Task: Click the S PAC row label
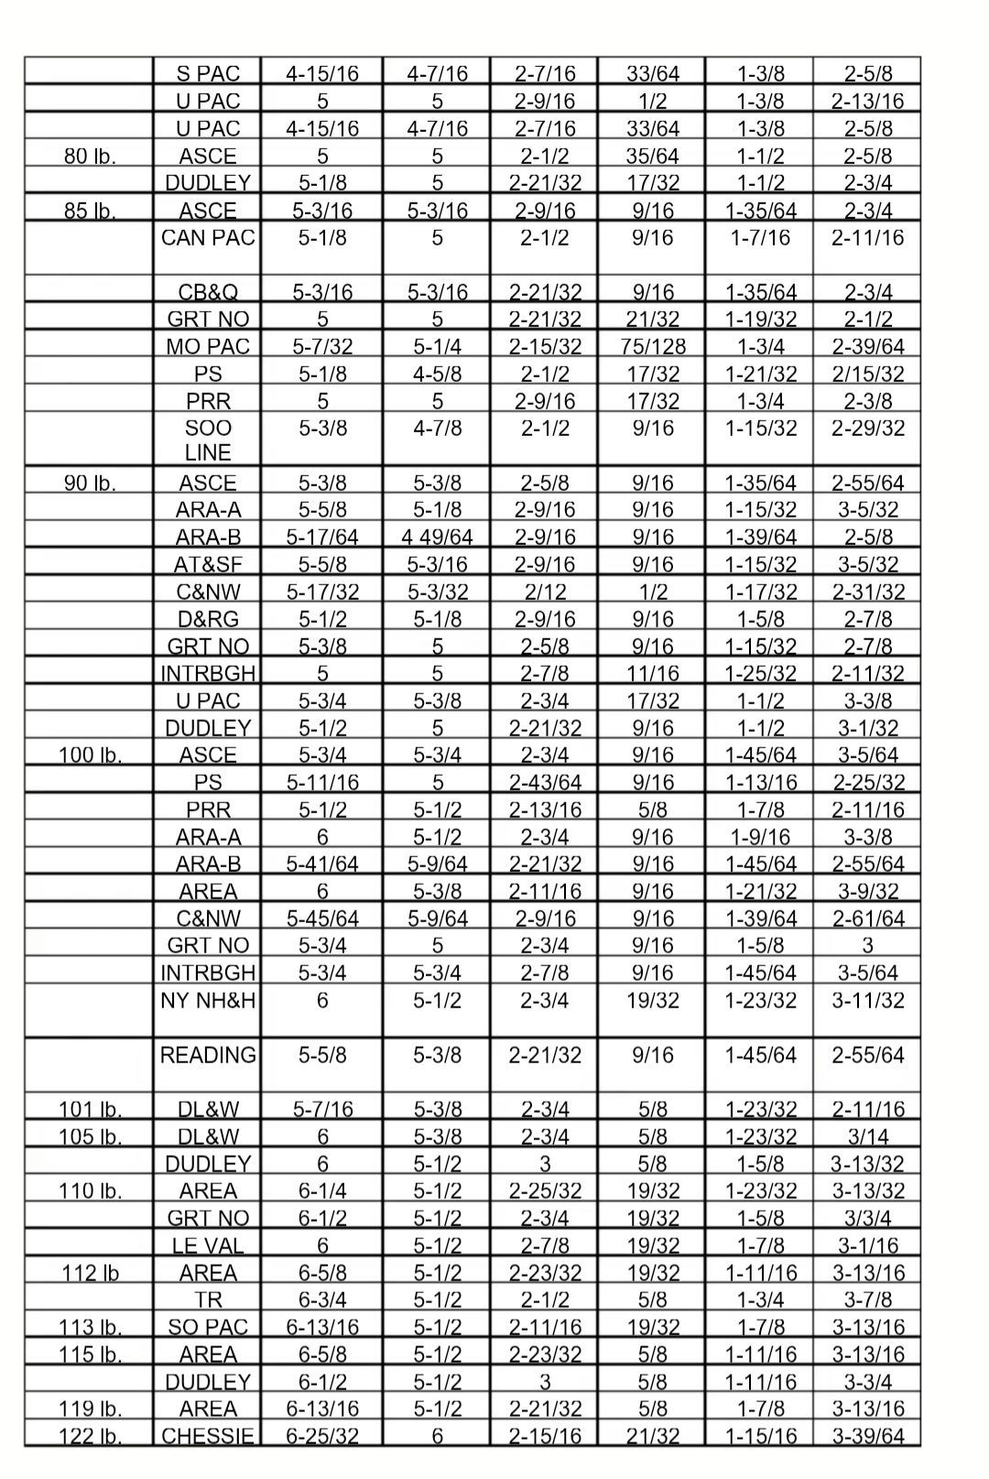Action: coord(207,73)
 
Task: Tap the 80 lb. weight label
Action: coord(90,156)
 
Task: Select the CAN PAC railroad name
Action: coord(207,238)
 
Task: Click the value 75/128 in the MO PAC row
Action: coord(652,346)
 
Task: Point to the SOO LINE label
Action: coord(208,440)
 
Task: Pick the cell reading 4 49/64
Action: coord(437,537)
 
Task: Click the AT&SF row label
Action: coord(208,564)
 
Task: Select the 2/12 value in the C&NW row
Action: coord(544,592)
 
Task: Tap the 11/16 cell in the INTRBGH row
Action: coord(652,673)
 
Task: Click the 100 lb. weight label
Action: coord(90,755)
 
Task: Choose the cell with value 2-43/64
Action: coord(544,782)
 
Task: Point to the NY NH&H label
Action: coord(208,1001)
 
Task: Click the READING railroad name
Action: coord(208,1055)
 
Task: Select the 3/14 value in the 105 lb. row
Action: coord(867,1136)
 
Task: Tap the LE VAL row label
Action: coord(208,1245)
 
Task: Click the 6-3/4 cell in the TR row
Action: coord(321,1300)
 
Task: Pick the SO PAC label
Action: coord(208,1327)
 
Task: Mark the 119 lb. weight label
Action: coord(90,1408)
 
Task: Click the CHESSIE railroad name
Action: coord(208,1436)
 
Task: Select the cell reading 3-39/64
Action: coord(867,1436)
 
